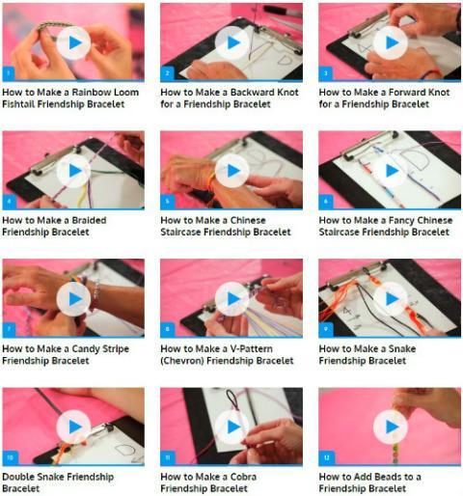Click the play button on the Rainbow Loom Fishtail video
[73, 42]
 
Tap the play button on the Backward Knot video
[232, 42]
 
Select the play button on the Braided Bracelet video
[73, 171]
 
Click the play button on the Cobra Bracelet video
[232, 427]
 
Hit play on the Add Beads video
[391, 427]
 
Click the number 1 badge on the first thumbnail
[9, 73]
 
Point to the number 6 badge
[325, 202]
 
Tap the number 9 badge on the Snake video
[325, 329]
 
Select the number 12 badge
[327, 457]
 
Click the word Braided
[89, 220]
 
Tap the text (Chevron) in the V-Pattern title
[182, 361]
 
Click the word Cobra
[243, 477]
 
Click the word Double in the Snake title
[17, 477]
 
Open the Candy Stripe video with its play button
[73, 299]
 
